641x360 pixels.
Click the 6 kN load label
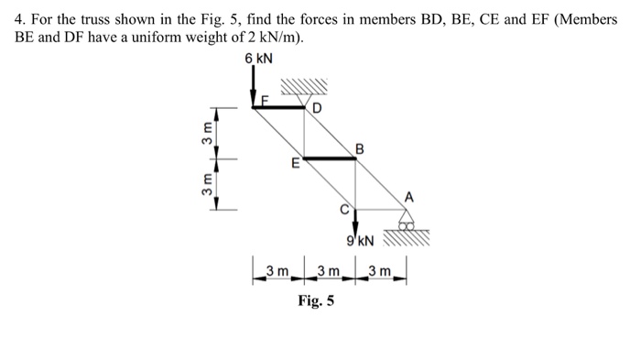tap(258, 60)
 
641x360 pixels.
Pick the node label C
tap(344, 207)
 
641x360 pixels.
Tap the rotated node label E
tap(295, 166)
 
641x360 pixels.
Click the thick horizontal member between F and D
tap(279, 106)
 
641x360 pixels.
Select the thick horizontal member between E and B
tap(331, 158)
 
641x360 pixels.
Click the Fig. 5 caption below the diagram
tap(316, 301)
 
